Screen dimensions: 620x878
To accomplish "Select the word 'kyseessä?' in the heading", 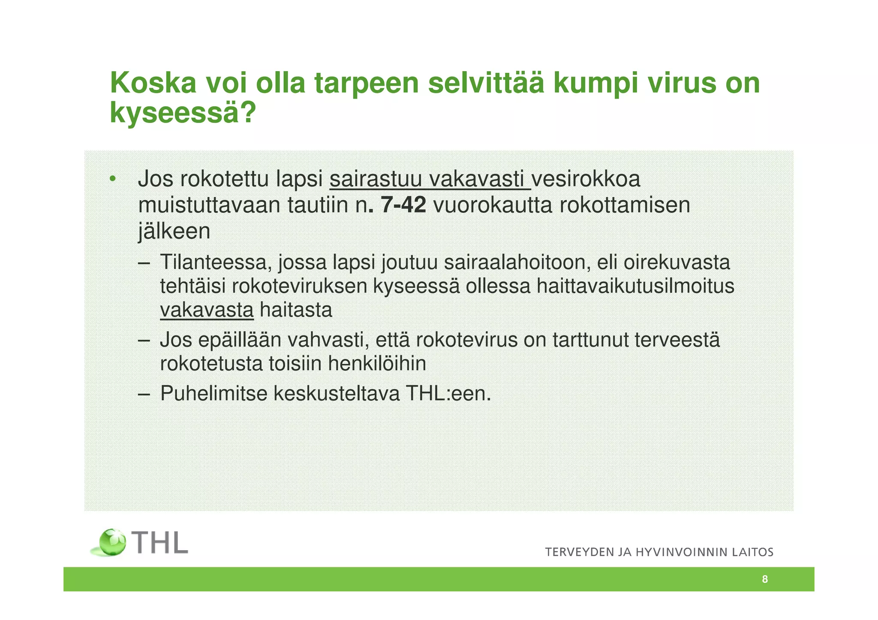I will tap(183, 113).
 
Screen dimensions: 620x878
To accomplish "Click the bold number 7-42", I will tap(403, 205).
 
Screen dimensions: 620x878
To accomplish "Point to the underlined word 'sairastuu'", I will tap(376, 179).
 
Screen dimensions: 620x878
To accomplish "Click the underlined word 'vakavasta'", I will tap(207, 310).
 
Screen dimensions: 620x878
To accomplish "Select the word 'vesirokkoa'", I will tap(586, 179).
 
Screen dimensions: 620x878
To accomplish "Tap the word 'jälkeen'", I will tap(174, 231).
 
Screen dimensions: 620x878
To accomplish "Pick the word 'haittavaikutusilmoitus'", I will tap(635, 286).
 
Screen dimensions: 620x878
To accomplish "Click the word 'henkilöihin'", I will tap(377, 364).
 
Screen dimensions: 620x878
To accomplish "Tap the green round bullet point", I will tap(112, 179).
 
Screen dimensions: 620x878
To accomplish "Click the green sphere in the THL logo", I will tap(112, 542).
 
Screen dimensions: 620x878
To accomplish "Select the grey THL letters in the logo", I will tap(160, 543).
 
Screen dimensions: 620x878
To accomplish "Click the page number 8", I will tap(765, 579).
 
